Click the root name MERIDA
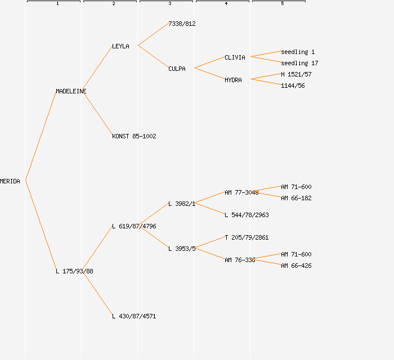(x=10, y=181)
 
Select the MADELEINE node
(x=71, y=91)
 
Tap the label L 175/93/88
(x=74, y=271)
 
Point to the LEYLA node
(x=120, y=46)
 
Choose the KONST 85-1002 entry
(x=134, y=136)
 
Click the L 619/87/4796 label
(x=134, y=226)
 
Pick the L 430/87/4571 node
(x=134, y=316)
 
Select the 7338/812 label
(x=182, y=24)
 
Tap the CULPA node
(x=177, y=69)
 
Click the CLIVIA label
(x=235, y=57)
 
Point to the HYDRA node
(x=233, y=80)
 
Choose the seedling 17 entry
(x=299, y=63)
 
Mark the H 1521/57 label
(x=296, y=74)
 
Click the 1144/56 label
(x=293, y=85)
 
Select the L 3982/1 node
(x=182, y=204)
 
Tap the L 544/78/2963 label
(x=247, y=215)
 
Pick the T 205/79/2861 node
(x=247, y=237)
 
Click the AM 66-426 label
(x=296, y=265)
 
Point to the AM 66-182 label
(x=296, y=198)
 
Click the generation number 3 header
(x=170, y=4)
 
